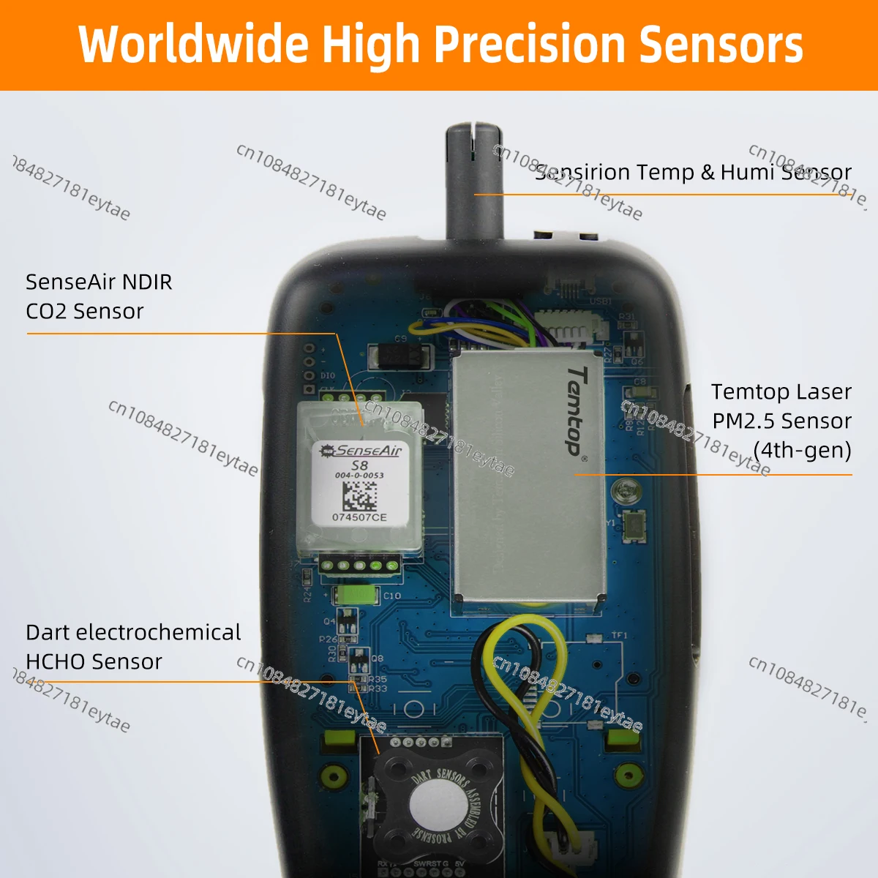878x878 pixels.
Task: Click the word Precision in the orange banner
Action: coord(532,45)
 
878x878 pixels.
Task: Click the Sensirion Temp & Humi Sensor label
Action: coord(693,172)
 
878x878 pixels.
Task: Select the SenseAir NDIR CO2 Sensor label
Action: coord(99,296)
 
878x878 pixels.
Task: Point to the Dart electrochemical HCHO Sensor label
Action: coord(132,647)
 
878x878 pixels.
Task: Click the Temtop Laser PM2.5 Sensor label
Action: coord(781,421)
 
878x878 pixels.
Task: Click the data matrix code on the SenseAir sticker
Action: coord(359,495)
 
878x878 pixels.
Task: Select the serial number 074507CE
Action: coord(359,517)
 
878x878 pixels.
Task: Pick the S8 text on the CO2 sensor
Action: coord(359,465)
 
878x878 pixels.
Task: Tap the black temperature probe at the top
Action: coord(474,183)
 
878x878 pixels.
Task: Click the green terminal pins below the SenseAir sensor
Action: coord(359,564)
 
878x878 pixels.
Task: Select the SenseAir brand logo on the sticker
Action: coord(361,451)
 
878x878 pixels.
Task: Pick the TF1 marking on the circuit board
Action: coord(619,636)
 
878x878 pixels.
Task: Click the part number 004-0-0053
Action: coord(359,476)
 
